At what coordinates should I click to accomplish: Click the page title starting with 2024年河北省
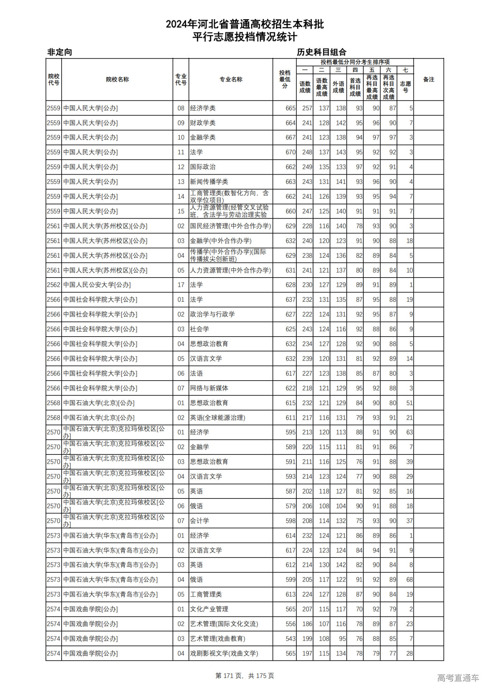[x=245, y=24]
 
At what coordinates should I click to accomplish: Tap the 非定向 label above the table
[x=60, y=52]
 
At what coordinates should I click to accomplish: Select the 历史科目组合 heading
[x=322, y=52]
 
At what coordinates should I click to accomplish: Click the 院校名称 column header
[x=117, y=79]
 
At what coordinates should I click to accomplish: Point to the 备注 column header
[x=428, y=79]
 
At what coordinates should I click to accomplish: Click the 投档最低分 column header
[x=284, y=79]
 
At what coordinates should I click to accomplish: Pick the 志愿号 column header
[x=405, y=87]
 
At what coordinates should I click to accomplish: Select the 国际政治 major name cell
[x=203, y=167]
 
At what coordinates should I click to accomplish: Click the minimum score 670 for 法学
[x=290, y=152]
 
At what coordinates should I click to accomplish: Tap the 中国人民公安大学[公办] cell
[x=97, y=285]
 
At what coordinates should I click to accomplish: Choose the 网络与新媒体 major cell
[x=209, y=388]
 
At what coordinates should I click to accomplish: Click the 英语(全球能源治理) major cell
[x=217, y=418]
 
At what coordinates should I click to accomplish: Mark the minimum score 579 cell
[x=290, y=506]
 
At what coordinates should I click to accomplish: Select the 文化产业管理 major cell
[x=209, y=609]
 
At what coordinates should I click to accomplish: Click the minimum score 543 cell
[x=290, y=639]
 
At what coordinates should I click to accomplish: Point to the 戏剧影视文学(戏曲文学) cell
[x=224, y=654]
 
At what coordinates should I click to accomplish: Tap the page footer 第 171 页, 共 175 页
[x=245, y=676]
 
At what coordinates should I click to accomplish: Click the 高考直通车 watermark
[x=458, y=678]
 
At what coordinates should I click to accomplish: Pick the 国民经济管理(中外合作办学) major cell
[x=230, y=226]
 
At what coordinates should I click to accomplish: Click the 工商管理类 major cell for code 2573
[x=206, y=595]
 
